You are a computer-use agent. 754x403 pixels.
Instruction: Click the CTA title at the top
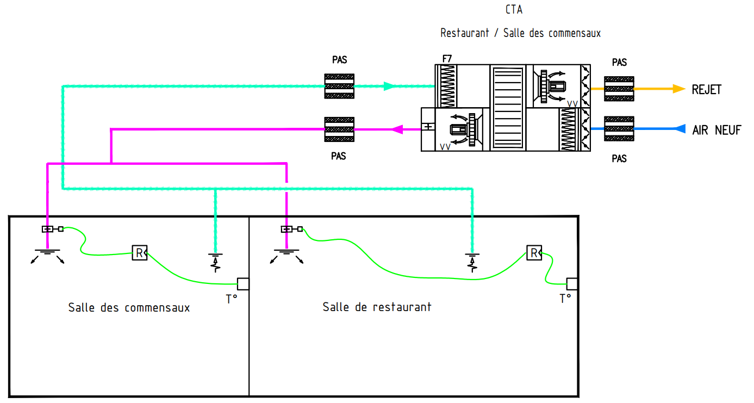514,9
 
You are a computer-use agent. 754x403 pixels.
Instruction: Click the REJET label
707,90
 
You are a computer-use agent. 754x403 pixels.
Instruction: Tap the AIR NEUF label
716,130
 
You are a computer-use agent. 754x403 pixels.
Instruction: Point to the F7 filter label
447,59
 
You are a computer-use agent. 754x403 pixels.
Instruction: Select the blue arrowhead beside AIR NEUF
680,128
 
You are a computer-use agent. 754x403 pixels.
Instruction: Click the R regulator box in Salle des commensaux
140,253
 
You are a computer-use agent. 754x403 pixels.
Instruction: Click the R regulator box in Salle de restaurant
534,253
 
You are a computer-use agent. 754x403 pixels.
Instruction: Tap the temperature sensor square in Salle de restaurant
572,284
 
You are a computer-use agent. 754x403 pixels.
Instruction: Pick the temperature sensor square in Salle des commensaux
243,284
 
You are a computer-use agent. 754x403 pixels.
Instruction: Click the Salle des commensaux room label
129,307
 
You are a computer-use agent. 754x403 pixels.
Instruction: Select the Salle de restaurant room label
377,307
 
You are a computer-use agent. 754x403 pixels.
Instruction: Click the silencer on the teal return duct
339,86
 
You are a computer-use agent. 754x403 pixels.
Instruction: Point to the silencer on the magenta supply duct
339,129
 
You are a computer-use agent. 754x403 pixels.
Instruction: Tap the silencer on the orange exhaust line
619,89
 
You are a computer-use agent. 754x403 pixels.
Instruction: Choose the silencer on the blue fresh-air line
619,128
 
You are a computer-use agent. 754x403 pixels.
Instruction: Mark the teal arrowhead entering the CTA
389,86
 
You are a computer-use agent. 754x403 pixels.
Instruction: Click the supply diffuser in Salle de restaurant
286,256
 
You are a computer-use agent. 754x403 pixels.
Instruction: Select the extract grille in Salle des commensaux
215,263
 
